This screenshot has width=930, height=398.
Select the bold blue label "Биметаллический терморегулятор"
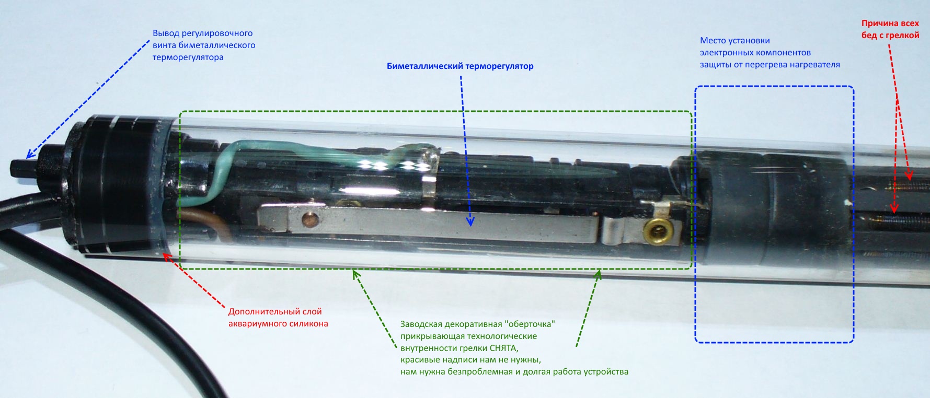pos(460,66)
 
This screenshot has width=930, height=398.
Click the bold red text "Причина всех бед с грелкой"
pos(890,29)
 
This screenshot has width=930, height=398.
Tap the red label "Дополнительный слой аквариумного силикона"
pos(278,318)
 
